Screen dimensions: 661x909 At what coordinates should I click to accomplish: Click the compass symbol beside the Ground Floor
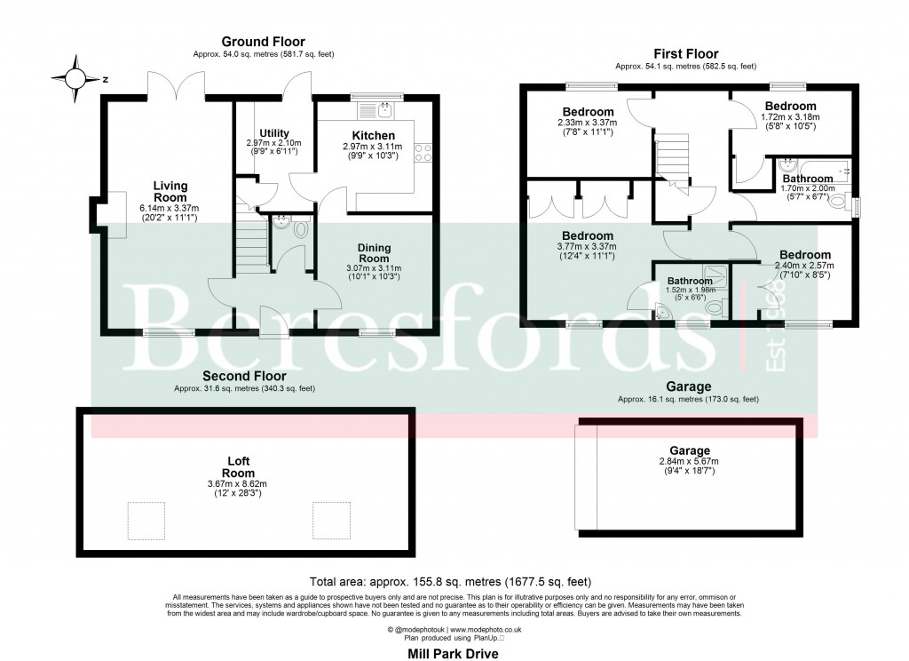76,79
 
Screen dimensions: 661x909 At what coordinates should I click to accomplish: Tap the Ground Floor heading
263,41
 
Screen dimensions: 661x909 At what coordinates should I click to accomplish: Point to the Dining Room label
374,252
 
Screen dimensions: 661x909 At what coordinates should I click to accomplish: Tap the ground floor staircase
254,235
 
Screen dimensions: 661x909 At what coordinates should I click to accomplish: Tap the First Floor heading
685,53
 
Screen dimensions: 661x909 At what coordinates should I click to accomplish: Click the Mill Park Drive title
454,653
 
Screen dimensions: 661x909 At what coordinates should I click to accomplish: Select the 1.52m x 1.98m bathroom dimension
690,290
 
